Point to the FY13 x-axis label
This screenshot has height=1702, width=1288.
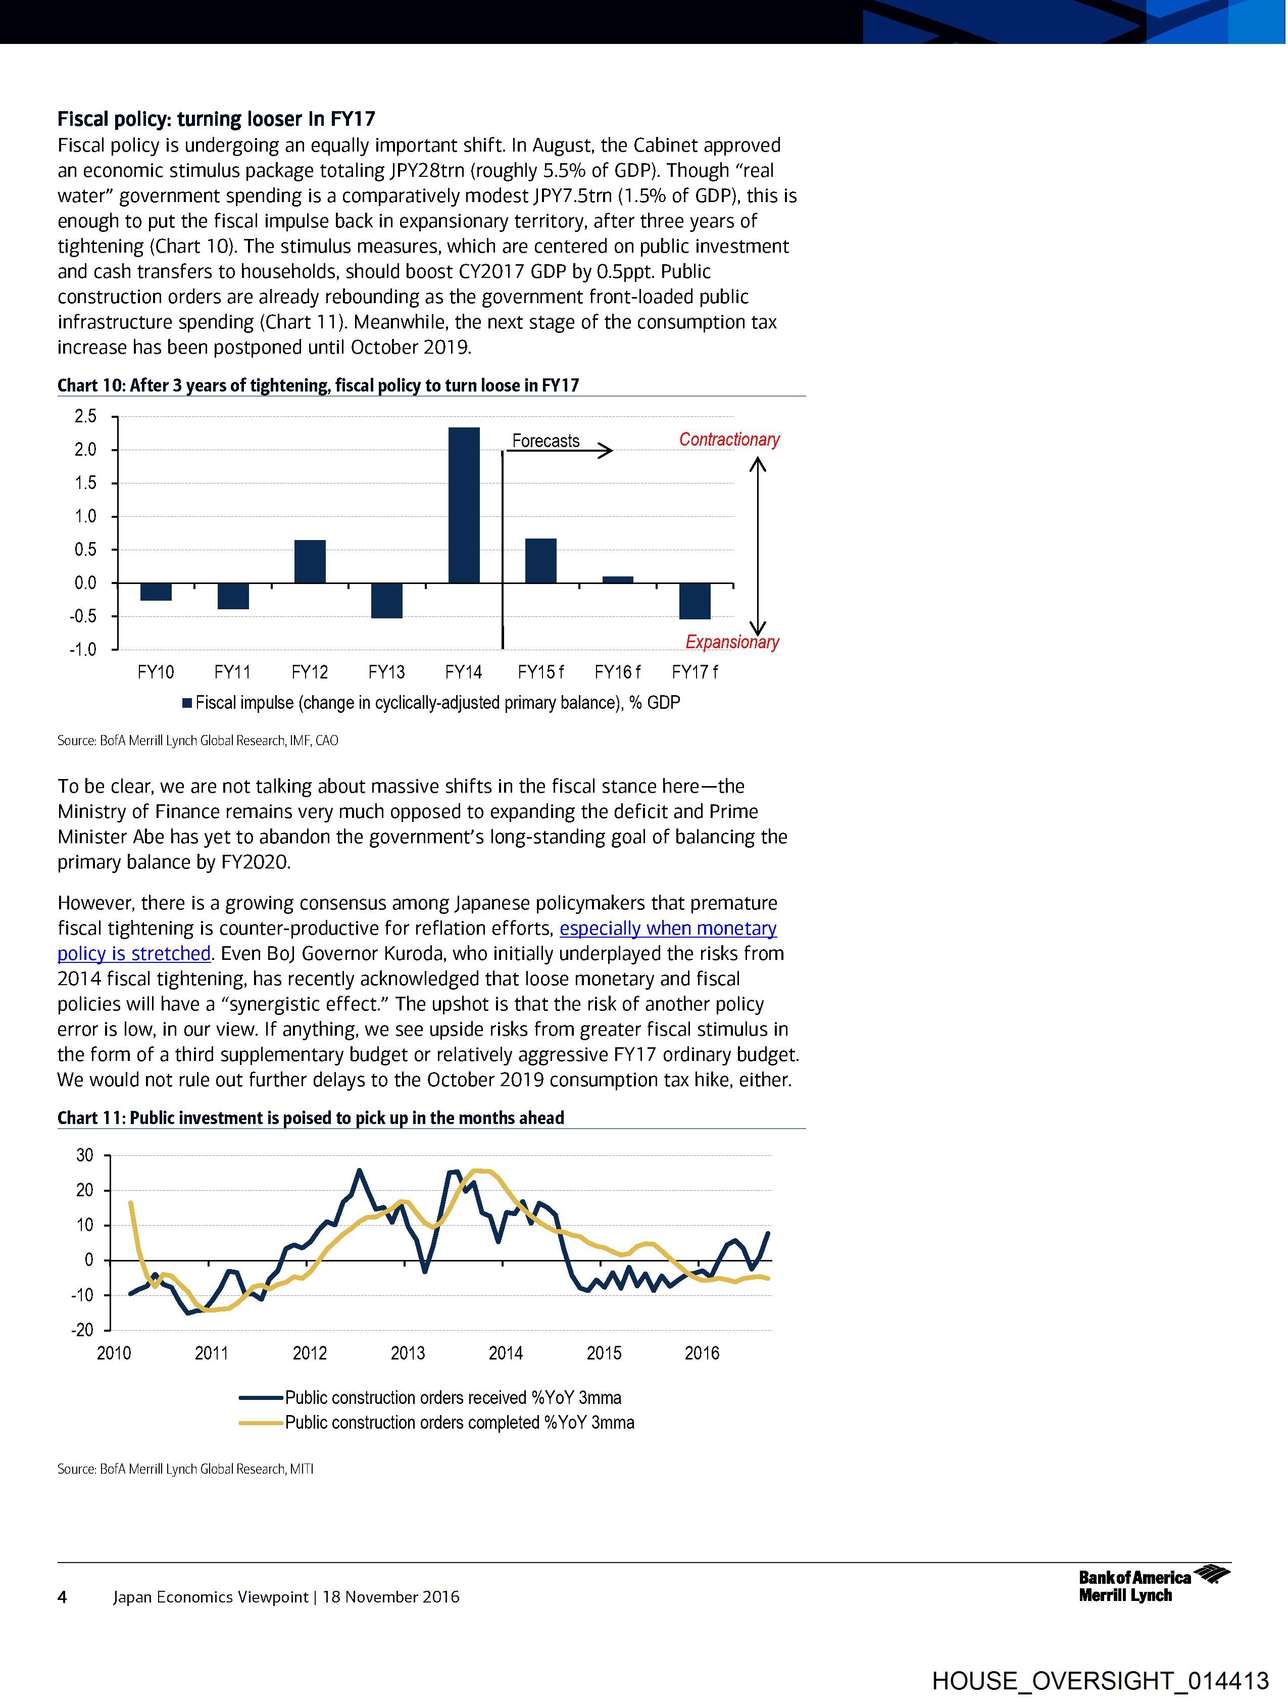tap(386, 672)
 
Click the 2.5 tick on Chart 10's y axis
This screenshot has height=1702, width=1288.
tap(85, 417)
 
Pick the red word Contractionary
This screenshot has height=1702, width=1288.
tap(729, 440)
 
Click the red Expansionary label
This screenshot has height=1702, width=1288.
tap(732, 642)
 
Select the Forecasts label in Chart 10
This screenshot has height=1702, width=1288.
tap(546, 441)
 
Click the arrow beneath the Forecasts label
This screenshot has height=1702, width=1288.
tap(562, 451)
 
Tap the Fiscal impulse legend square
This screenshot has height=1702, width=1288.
tap(187, 703)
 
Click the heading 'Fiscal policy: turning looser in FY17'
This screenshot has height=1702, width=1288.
tap(216, 119)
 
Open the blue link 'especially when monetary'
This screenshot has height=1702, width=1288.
tap(668, 928)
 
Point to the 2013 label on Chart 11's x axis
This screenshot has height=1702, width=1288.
tap(408, 1353)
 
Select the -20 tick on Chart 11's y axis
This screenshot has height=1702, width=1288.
tap(83, 1330)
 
